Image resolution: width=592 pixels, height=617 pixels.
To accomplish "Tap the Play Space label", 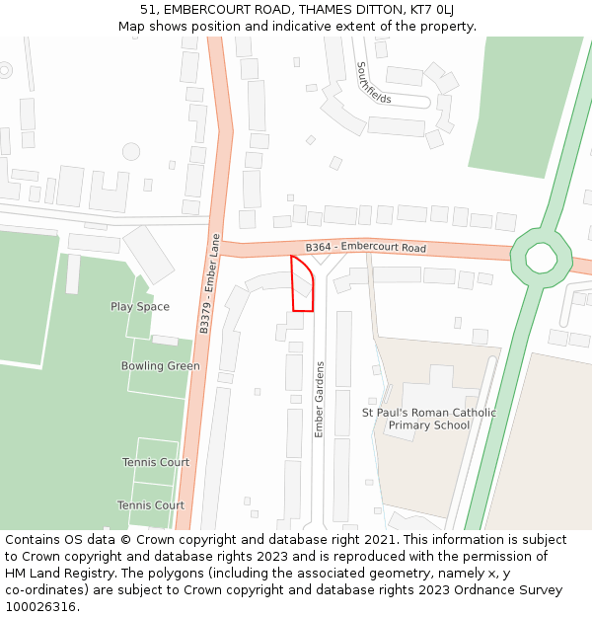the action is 140,307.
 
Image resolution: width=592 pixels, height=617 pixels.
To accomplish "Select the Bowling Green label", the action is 160,366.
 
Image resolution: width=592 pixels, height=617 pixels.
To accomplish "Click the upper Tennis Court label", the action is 156,462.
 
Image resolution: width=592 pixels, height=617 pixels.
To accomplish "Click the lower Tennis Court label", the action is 151,505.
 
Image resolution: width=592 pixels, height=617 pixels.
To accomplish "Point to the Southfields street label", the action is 374,82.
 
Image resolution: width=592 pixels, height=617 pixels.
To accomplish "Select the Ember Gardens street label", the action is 319,399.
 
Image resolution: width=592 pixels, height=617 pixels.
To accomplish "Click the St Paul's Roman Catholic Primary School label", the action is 428,419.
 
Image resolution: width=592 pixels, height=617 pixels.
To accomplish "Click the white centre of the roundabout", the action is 541,258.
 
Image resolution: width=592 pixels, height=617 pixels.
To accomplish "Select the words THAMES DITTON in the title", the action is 332,10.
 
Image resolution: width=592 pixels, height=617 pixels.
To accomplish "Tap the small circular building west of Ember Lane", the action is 131,151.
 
